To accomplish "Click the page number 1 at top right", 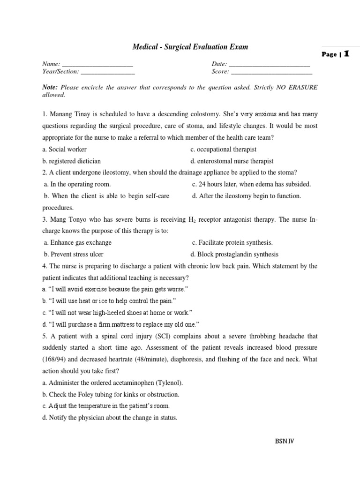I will [x=346, y=54].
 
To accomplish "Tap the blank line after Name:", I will [x=97, y=64].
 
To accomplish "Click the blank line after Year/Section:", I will [x=108, y=72].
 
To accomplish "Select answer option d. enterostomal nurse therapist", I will [x=232, y=161].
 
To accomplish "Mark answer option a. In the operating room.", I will [x=77, y=184].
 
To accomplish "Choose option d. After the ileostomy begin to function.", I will [x=247, y=196].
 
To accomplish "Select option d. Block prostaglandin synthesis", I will [x=234, y=254].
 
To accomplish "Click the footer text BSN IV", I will [x=284, y=441].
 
